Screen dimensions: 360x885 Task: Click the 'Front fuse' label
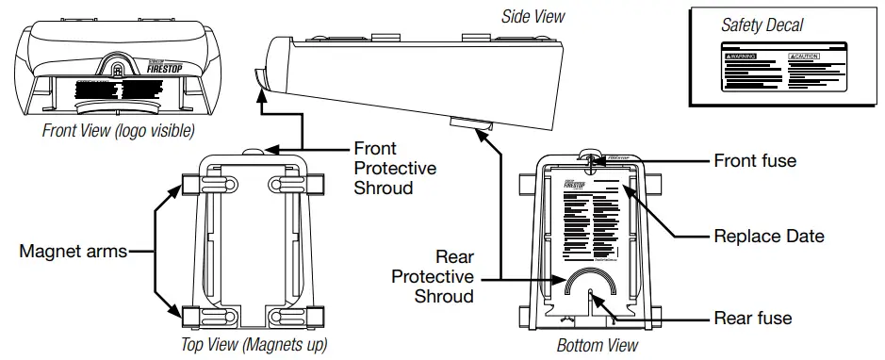pos(755,161)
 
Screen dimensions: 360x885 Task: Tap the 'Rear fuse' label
pos(753,319)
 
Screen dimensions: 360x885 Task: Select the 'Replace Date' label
pos(769,236)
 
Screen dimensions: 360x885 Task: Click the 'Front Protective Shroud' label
pos(395,168)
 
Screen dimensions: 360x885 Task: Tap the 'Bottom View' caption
pos(598,346)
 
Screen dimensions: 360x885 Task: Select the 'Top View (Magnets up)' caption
pos(254,345)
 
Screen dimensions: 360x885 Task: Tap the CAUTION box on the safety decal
pos(810,57)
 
